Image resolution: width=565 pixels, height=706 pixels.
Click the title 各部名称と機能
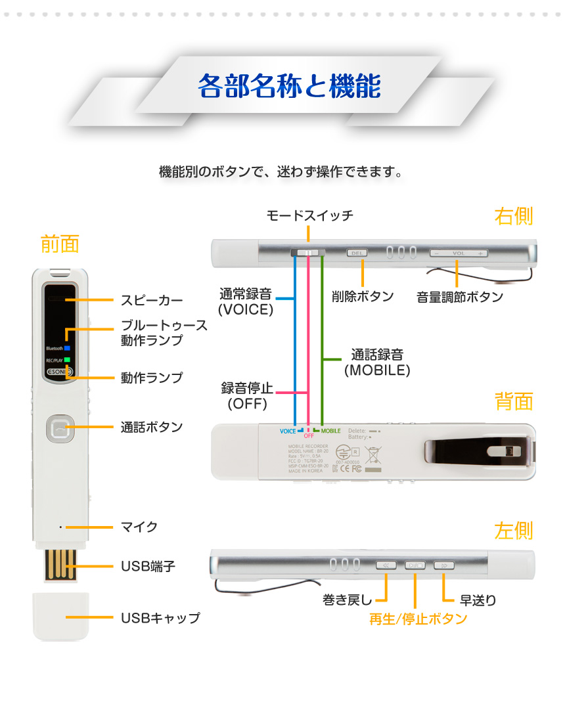[288, 86]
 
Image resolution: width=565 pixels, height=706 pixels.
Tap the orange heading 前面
[60, 244]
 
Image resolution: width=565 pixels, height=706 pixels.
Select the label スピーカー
[152, 301]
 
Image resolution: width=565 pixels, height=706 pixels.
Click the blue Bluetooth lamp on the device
[67, 347]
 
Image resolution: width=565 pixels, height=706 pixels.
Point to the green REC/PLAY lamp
[67, 360]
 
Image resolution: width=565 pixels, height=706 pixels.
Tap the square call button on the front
[60, 428]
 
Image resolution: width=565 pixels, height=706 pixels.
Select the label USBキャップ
[160, 618]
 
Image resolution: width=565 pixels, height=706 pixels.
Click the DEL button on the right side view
[357, 252]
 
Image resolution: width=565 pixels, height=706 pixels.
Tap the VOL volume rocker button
[458, 253]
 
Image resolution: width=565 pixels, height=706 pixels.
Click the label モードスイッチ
[309, 215]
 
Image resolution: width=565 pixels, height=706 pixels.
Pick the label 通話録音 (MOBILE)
[377, 363]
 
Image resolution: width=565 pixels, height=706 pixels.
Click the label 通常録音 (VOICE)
[245, 301]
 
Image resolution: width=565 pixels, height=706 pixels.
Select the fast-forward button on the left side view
[444, 565]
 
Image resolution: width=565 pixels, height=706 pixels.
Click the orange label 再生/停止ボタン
[418, 619]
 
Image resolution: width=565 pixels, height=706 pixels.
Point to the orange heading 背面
[514, 401]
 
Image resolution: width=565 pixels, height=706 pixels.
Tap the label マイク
[139, 527]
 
